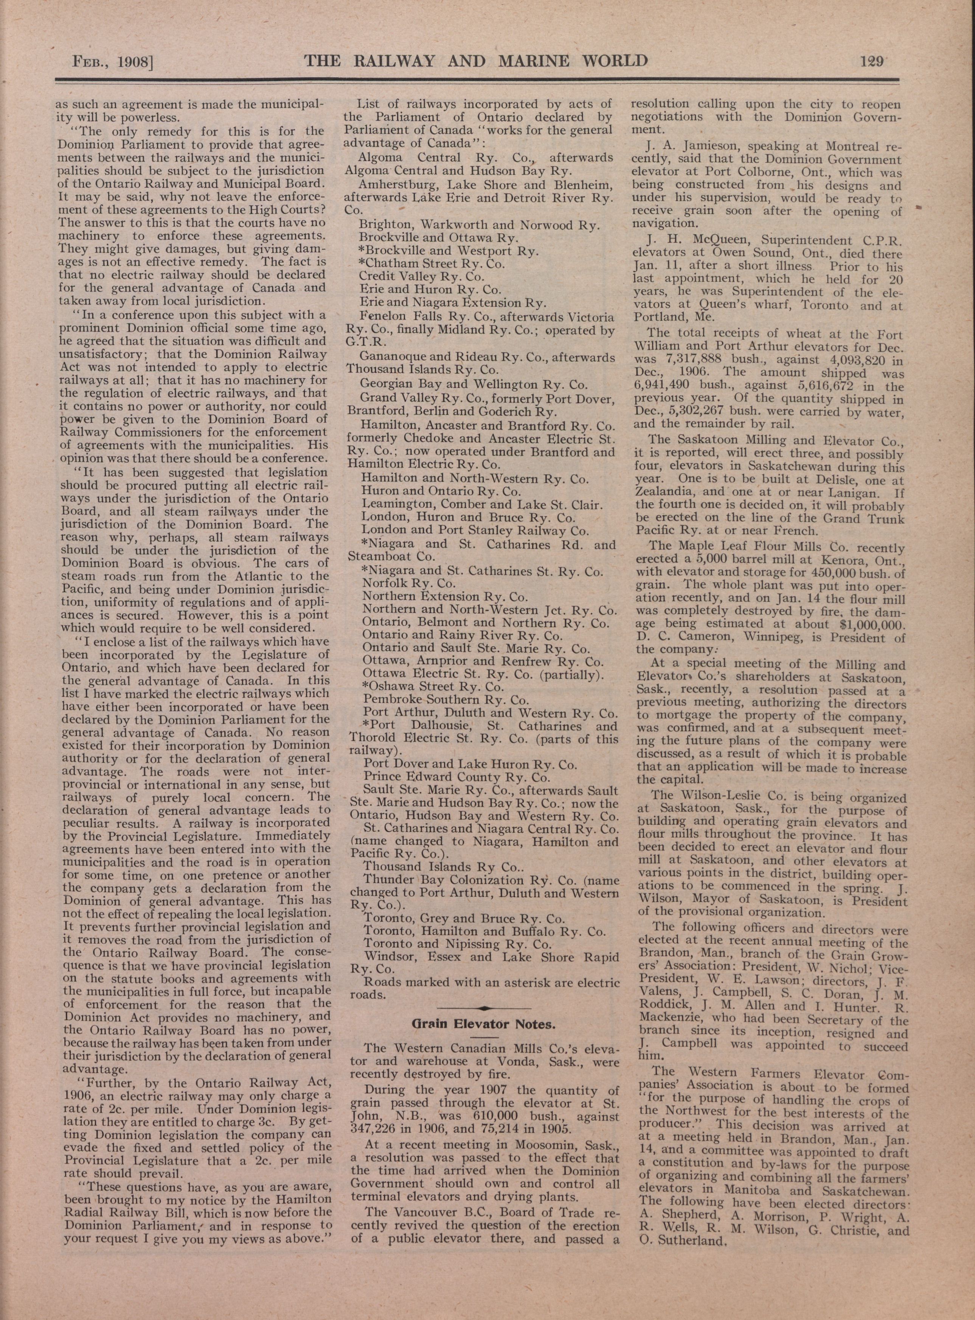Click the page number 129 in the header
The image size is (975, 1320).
click(x=872, y=61)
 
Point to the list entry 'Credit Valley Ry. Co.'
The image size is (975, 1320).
click(x=421, y=276)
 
